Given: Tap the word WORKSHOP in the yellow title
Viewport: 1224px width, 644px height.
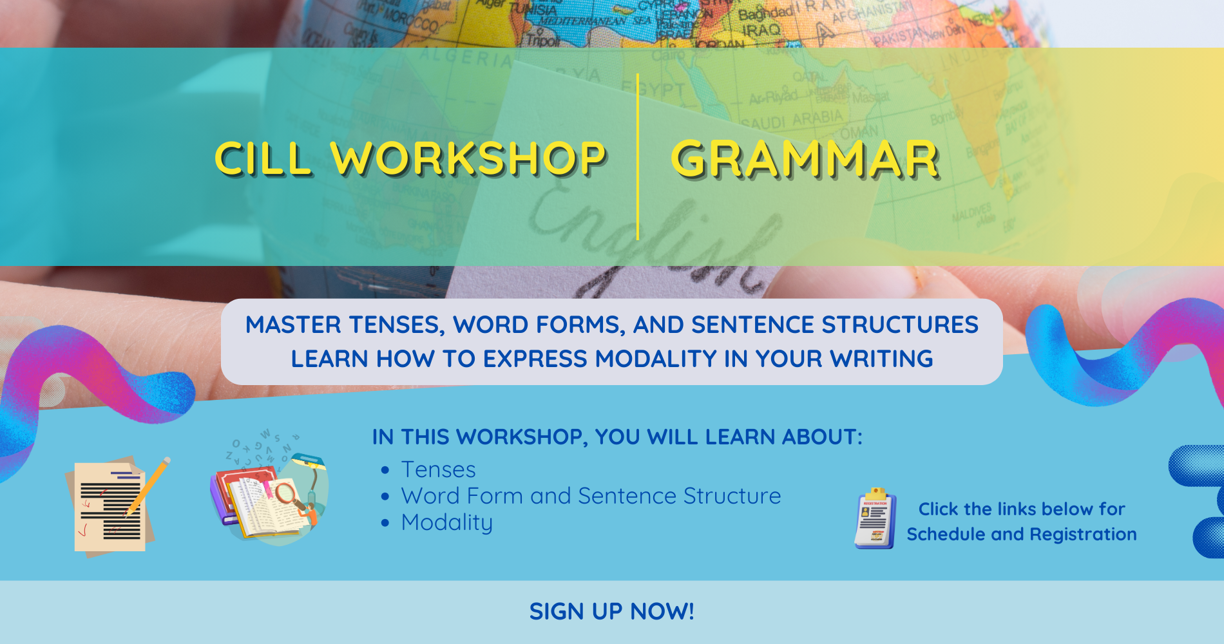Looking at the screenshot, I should [468, 158].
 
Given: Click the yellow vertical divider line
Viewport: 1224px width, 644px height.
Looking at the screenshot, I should [637, 158].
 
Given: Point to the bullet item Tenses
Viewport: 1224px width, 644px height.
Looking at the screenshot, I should [438, 469].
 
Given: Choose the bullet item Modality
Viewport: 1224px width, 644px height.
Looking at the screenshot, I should [446, 522].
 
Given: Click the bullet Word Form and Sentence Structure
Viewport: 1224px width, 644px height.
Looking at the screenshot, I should [591, 496].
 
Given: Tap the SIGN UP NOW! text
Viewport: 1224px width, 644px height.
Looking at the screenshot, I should [611, 611].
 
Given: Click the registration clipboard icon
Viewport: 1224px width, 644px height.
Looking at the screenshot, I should [875, 519].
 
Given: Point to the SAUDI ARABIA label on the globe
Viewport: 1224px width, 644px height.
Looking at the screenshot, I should [791, 120].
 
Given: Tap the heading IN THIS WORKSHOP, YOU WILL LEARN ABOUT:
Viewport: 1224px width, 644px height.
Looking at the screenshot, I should [617, 437].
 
